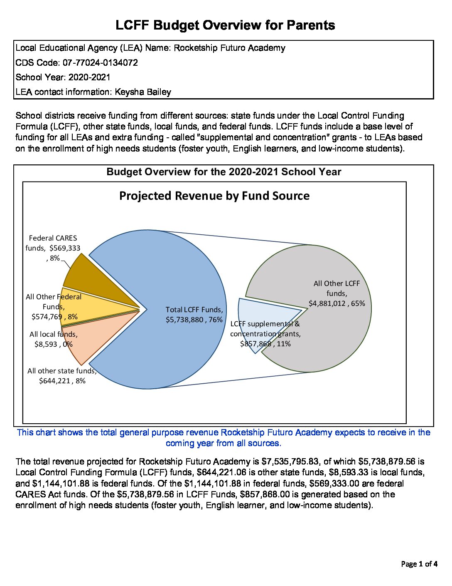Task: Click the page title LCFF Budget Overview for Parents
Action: tap(225, 25)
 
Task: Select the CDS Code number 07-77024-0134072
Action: tap(100, 63)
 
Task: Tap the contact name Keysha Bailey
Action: tap(143, 92)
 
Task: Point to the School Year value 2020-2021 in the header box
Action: tap(89, 77)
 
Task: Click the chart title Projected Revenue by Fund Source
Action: tap(214, 196)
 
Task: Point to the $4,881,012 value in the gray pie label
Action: tap(327, 303)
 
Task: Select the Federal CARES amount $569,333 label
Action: tap(65, 248)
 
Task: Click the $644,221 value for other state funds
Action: tap(55, 381)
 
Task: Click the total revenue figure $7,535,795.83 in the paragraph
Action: tap(290, 462)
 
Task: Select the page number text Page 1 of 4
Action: tap(419, 564)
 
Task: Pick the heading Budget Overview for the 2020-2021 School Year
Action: tap(224, 172)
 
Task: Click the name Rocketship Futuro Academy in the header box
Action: tap(229, 48)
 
